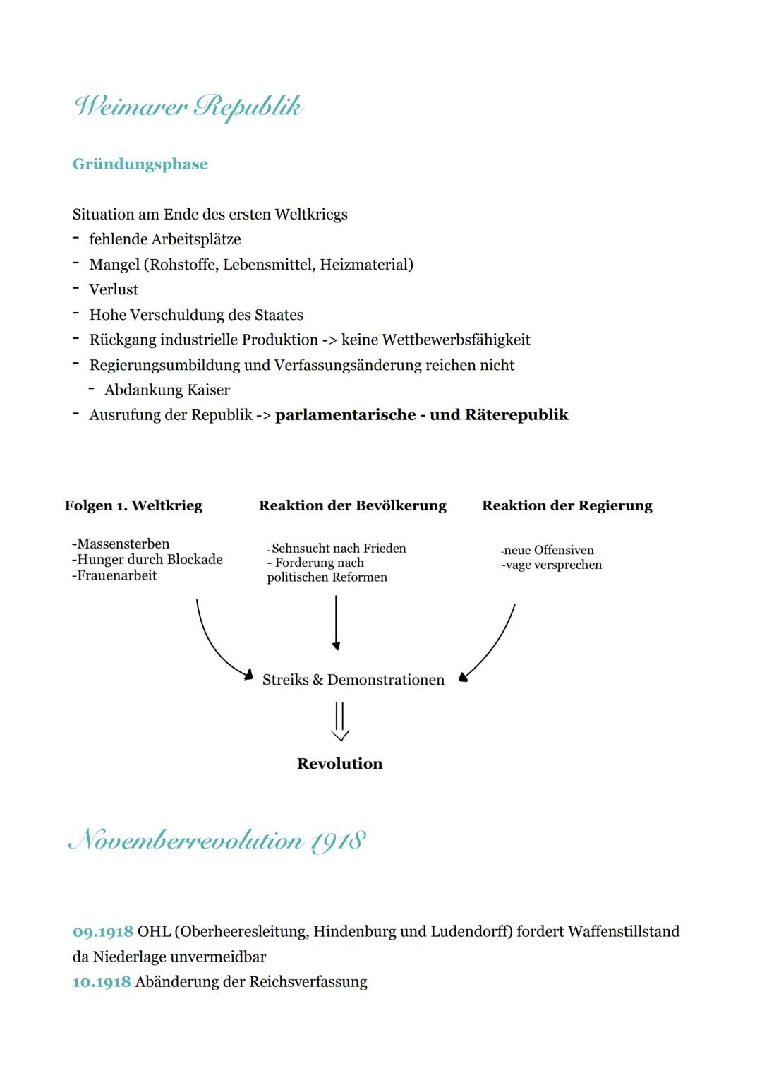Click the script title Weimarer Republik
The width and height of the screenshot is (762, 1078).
tap(188, 107)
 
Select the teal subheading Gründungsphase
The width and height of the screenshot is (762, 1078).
tap(140, 164)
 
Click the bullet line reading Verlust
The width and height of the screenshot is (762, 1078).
tap(114, 289)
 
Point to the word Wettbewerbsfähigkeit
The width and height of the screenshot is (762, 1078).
tap(456, 340)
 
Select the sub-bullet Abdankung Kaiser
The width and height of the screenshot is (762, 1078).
tap(167, 390)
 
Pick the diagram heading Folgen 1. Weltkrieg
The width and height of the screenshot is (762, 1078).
tap(133, 505)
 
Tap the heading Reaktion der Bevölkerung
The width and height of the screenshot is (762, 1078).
tap(352, 505)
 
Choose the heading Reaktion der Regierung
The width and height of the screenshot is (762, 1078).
tap(567, 505)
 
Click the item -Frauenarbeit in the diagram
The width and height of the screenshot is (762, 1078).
tap(114, 575)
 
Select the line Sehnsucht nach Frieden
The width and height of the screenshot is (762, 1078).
tap(338, 549)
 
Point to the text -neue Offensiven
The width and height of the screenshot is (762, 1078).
tap(548, 550)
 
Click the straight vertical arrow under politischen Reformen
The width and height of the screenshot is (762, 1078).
tap(336, 621)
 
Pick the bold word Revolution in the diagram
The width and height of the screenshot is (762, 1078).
tap(339, 764)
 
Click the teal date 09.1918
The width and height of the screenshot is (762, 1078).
tap(102, 932)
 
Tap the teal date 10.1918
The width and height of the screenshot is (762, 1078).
tap(102, 982)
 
